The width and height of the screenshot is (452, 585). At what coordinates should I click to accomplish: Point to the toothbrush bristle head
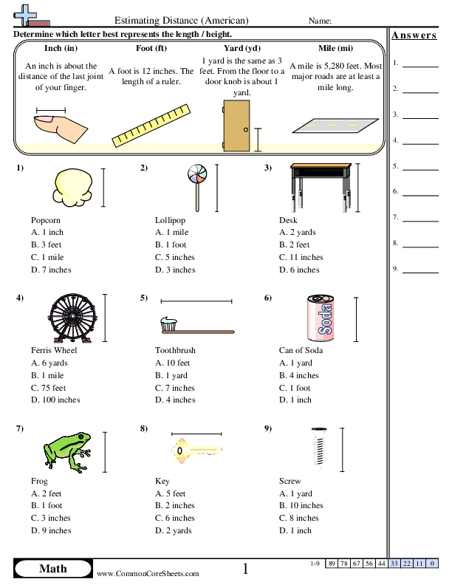coord(168,323)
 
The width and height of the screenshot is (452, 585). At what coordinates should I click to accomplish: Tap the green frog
coord(68,448)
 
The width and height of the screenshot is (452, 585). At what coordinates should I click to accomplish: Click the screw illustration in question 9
coord(318,448)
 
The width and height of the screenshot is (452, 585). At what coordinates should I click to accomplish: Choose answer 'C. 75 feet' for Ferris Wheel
coord(49,388)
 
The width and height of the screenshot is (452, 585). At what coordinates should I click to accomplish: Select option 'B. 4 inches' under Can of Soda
coord(299,375)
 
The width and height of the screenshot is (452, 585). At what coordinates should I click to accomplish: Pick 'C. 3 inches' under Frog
coord(51,518)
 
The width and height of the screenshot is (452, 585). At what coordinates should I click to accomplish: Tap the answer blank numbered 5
coord(420,169)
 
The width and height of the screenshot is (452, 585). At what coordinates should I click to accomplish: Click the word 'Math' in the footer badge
coord(52,568)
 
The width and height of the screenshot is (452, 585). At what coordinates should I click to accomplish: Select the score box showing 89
coord(332,564)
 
